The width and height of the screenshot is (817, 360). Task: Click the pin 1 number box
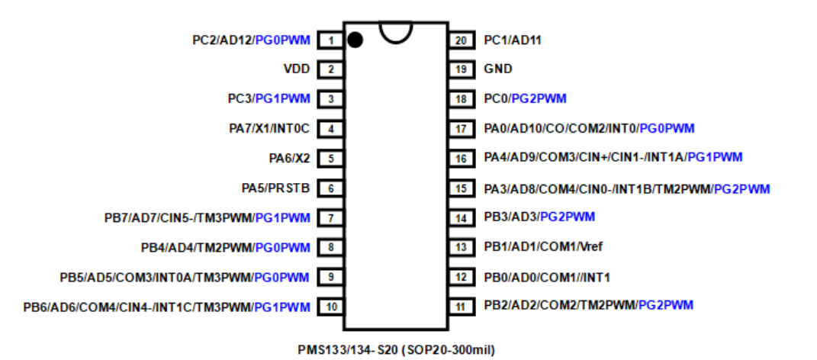pyautogui.click(x=330, y=40)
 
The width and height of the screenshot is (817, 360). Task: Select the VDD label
pyautogui.click(x=297, y=69)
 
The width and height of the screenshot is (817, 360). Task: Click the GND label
pyautogui.click(x=498, y=69)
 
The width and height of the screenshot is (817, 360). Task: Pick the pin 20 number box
pyautogui.click(x=460, y=40)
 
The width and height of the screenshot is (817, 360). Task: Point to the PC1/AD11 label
pyautogui.click(x=513, y=40)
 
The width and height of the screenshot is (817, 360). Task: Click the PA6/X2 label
pyautogui.click(x=289, y=159)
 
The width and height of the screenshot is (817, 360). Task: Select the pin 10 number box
pyautogui.click(x=330, y=307)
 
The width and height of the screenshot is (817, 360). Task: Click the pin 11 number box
pyautogui.click(x=460, y=307)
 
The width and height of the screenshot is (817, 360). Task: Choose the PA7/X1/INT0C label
pyautogui.click(x=269, y=129)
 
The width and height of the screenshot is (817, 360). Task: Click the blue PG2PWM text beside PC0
pyautogui.click(x=539, y=99)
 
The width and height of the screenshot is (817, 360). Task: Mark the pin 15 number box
pyautogui.click(x=460, y=188)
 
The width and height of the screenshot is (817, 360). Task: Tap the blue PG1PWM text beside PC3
pyautogui.click(x=282, y=99)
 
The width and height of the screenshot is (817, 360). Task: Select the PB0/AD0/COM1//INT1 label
pyautogui.click(x=547, y=277)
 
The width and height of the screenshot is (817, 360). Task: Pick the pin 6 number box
pyautogui.click(x=330, y=188)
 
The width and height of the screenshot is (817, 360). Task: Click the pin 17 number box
pyautogui.click(x=460, y=129)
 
